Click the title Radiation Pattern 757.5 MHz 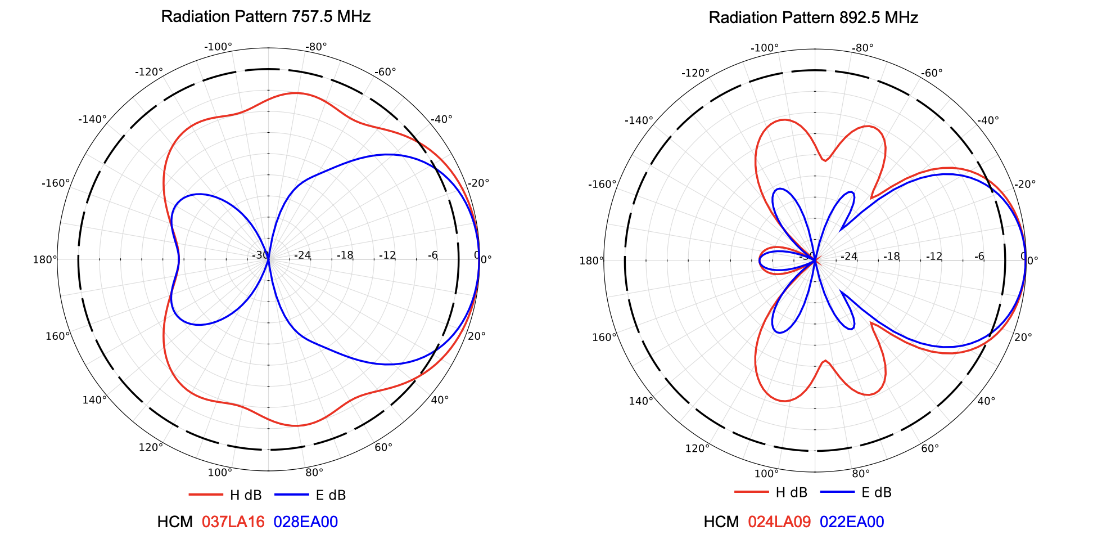point(265,16)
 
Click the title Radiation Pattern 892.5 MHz point(813,17)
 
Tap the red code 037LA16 point(233,522)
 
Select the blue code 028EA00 point(306,522)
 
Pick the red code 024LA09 point(779,522)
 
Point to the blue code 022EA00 point(852,522)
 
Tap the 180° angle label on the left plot point(45,259)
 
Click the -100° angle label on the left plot point(218,47)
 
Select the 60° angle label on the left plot point(383,447)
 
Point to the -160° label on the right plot point(602,184)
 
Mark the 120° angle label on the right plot point(697,448)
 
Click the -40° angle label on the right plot point(988,120)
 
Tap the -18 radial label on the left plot point(345,255)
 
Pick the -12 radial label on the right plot point(934,257)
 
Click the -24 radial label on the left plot point(302,255)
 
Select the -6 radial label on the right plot point(979,257)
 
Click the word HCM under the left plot point(175,522)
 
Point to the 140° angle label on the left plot point(94,400)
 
